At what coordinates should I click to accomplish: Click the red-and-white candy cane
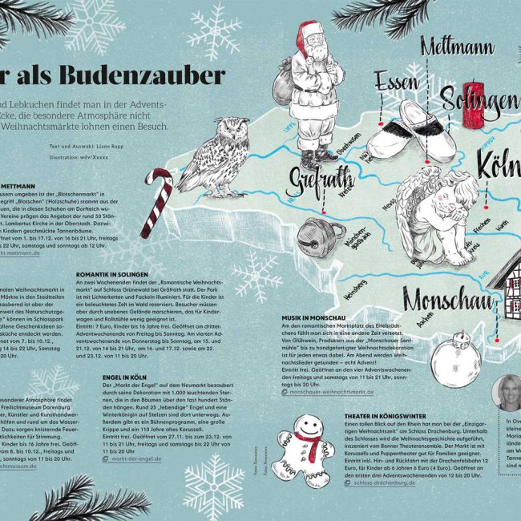coord(156,206)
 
